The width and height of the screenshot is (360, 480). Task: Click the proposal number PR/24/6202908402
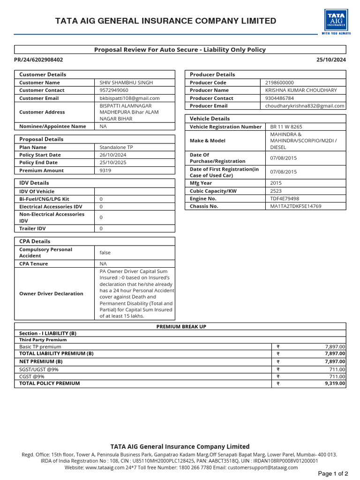click(x=38, y=60)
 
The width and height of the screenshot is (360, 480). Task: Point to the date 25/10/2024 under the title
click(x=331, y=60)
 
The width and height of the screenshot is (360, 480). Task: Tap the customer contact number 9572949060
click(x=114, y=90)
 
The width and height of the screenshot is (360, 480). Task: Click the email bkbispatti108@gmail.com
click(x=130, y=98)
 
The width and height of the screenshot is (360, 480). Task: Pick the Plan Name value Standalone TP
click(x=116, y=147)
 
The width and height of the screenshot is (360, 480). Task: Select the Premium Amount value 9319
click(x=105, y=171)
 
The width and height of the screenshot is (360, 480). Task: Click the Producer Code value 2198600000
click(x=279, y=82)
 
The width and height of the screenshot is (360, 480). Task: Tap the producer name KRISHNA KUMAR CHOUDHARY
click(x=301, y=90)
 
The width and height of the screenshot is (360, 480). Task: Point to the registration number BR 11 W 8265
click(x=286, y=127)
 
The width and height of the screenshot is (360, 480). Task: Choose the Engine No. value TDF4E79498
click(x=285, y=199)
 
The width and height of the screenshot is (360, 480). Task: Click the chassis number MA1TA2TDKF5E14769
click(x=296, y=206)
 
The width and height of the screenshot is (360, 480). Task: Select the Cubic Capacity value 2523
click(x=276, y=191)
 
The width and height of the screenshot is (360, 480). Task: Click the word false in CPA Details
click(x=105, y=253)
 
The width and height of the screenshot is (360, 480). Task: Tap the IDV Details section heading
click(x=34, y=183)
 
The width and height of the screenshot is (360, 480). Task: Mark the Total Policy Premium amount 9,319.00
click(x=335, y=383)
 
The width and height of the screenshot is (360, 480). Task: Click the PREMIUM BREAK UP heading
click(x=181, y=327)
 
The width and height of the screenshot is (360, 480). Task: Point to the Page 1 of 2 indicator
click(x=333, y=473)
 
